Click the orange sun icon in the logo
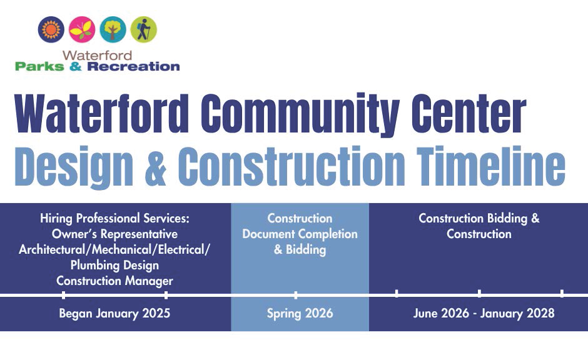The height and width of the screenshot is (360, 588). pos(51,29)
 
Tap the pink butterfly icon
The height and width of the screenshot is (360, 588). pos(82,29)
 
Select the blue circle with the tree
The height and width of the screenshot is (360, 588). pos(113,29)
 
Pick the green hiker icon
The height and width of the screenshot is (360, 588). pos(144,29)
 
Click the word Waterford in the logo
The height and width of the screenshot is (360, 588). pos(97,55)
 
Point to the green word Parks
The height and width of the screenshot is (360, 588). pos(39,66)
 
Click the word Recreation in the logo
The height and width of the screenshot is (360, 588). pos(133,66)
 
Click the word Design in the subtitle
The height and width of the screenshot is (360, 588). pos(74,166)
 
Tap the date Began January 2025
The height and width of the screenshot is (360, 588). pos(114,313)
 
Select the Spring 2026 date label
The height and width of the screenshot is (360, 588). pos(300,313)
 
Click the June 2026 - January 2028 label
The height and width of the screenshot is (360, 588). pos(484,313)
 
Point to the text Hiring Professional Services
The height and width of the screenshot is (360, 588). pos(114,219)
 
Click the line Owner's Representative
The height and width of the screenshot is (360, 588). pos(114,234)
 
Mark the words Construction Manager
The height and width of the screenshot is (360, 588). pos(114,281)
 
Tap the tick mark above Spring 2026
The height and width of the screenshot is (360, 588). pos(296,294)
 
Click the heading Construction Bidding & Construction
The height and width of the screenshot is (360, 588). pos(479,226)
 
